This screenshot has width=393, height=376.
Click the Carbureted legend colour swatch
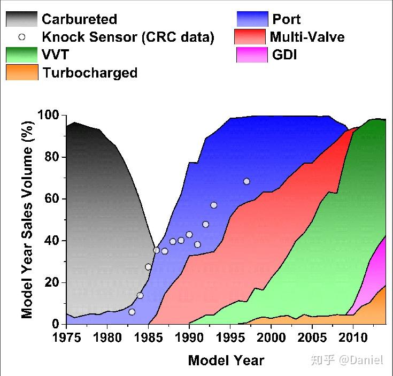22,19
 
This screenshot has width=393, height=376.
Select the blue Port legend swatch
252,19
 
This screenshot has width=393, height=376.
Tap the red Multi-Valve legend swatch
250,37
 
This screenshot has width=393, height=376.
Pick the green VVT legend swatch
22,55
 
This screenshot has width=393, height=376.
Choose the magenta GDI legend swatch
252,55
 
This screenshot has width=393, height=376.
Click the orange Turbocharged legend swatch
22,72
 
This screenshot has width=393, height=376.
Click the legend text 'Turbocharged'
90,73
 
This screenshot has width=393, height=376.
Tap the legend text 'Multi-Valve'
307,37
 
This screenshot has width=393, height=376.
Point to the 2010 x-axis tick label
353,337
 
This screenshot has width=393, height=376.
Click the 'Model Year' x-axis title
226,360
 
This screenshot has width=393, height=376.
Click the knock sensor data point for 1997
246,181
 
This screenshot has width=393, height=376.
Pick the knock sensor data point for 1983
132,312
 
